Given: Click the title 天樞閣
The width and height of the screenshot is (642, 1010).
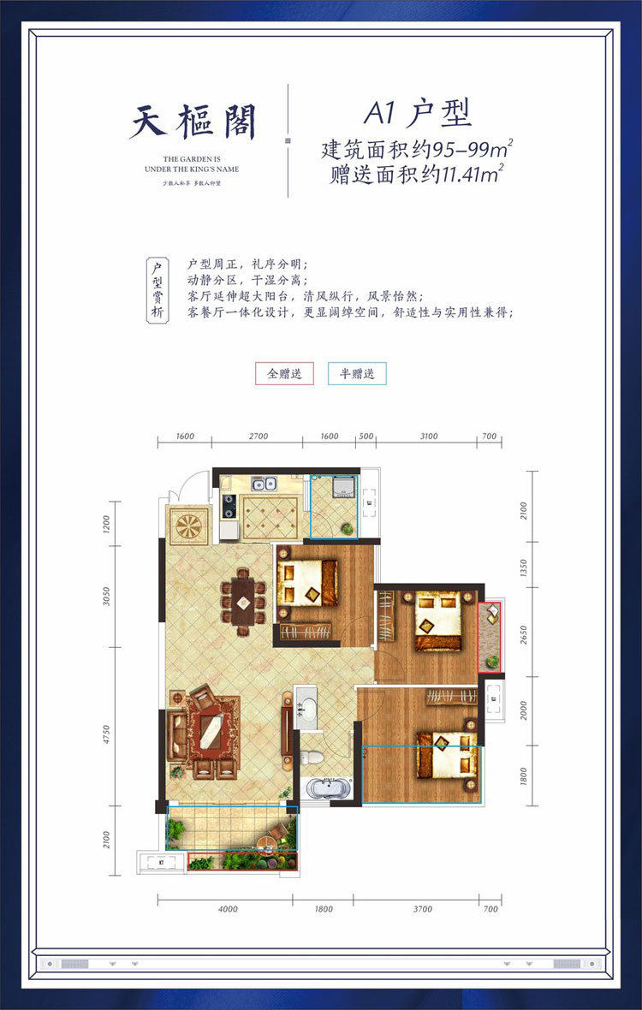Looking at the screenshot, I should tap(193, 122).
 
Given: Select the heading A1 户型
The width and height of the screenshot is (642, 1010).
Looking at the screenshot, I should tap(418, 112).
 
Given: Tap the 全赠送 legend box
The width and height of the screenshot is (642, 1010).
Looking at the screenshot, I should tap(284, 374).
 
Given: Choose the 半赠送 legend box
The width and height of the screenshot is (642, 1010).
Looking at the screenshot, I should tap(357, 374).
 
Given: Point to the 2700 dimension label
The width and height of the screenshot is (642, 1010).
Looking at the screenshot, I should tap(258, 437).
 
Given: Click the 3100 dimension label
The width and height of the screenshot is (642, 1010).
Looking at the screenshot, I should tap(429, 437).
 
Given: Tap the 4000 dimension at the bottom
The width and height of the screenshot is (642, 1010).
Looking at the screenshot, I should tap(226, 910).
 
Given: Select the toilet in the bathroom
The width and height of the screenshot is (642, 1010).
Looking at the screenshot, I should tap(312, 757).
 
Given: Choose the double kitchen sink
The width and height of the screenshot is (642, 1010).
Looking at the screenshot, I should tap(265, 484).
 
